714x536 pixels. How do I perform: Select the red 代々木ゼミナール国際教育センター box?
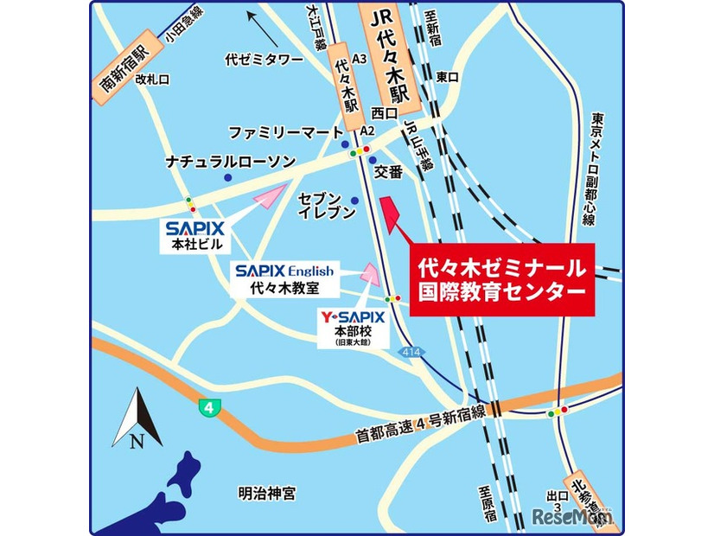[x=501, y=278]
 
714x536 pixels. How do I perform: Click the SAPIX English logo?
[x=284, y=271]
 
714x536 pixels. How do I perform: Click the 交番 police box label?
[x=389, y=172]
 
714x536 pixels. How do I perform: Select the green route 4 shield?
[x=207, y=407]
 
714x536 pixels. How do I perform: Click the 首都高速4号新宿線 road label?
[x=421, y=426]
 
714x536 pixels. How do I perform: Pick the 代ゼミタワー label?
[x=264, y=60]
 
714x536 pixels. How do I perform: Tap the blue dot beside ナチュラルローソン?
[x=227, y=177]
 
